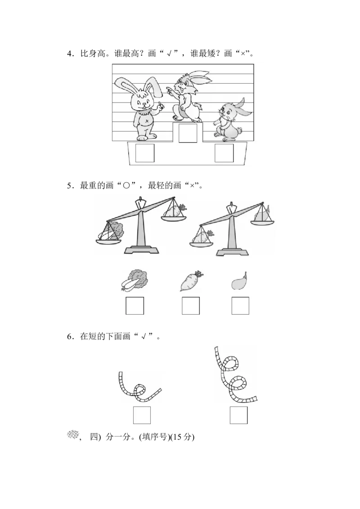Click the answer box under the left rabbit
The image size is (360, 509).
(x=145, y=153)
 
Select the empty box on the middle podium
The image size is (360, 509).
(x=188, y=134)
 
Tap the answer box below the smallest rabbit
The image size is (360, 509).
(x=224, y=153)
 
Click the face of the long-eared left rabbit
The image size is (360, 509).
(x=142, y=101)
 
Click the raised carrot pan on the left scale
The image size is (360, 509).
(x=173, y=211)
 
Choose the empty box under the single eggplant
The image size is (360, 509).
(x=240, y=306)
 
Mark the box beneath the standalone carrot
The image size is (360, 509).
(x=191, y=306)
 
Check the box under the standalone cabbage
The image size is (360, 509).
(x=135, y=306)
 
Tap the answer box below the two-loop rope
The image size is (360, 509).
(x=239, y=415)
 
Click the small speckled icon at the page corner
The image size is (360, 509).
(x=73, y=435)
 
